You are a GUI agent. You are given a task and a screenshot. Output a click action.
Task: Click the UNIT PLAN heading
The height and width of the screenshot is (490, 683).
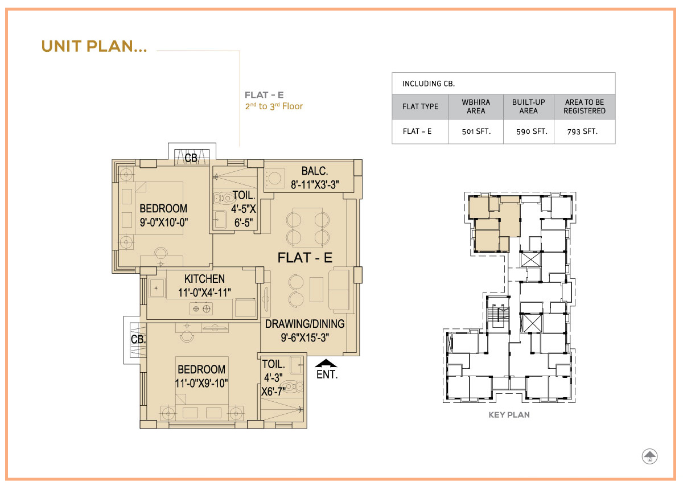94,46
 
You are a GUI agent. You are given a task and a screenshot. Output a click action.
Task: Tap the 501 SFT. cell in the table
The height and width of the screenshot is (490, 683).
476,131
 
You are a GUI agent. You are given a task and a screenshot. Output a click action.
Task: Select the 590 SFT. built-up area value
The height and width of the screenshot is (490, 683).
532,131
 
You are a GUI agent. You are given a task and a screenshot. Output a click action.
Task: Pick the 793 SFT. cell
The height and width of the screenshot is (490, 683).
582,131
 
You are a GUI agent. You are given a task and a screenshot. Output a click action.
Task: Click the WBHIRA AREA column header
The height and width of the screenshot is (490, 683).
476,106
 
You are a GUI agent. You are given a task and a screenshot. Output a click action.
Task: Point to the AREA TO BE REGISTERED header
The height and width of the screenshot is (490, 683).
584,106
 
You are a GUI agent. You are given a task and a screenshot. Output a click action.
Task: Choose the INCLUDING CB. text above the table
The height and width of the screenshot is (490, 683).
429,84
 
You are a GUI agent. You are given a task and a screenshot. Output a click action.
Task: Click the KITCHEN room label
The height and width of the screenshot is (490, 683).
204,279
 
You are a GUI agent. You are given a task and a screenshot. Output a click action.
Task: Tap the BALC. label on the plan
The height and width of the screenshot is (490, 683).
315,171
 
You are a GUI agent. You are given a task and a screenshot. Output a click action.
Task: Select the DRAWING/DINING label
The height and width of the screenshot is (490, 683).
305,323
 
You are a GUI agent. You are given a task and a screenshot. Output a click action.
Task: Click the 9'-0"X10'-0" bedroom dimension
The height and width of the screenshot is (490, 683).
164,223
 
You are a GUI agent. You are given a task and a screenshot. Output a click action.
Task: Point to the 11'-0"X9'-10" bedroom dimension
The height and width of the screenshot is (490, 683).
201,383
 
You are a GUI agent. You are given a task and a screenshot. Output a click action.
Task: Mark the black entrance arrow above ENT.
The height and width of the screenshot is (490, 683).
326,363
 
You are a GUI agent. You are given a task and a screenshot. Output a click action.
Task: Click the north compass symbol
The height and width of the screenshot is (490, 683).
649,456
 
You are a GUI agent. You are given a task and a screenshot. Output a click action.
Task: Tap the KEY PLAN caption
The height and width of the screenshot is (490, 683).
509,415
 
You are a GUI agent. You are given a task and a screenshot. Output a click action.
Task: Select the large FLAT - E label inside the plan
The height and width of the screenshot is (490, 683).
305,258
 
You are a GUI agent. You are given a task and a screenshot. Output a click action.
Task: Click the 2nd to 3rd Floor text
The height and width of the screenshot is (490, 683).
274,106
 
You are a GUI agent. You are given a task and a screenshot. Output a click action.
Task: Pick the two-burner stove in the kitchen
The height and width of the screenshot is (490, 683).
201,309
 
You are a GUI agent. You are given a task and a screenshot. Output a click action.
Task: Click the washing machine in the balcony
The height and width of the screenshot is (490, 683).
275,178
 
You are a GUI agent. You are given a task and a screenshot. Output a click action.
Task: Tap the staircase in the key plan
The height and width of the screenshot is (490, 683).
498,315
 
